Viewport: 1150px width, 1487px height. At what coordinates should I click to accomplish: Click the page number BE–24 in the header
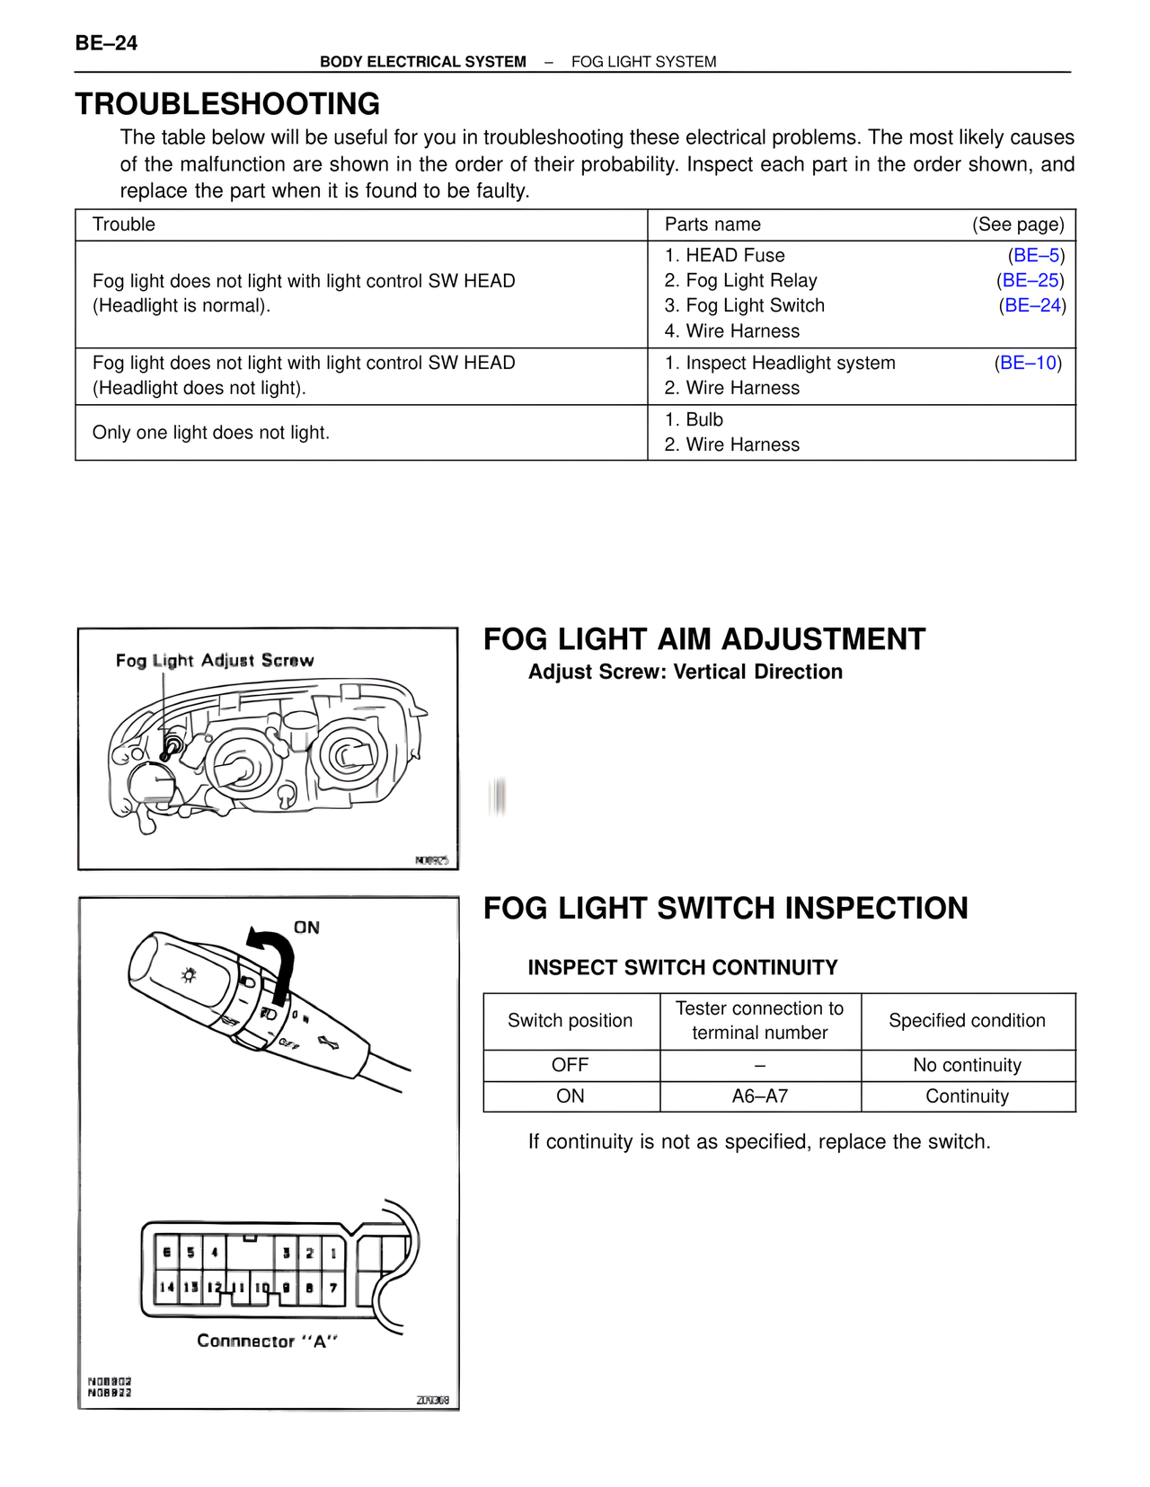click(x=106, y=43)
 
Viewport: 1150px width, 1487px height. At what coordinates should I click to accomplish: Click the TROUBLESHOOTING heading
click(x=227, y=104)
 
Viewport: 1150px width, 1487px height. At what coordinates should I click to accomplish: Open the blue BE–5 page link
click(x=1037, y=256)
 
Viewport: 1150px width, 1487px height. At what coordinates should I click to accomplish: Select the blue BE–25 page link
click(x=1031, y=281)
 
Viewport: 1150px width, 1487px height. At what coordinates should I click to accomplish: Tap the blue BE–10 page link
click(x=1028, y=364)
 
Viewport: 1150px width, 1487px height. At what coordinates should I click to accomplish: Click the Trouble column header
click(x=124, y=224)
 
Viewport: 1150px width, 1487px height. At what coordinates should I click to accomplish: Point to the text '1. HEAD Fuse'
click(x=724, y=256)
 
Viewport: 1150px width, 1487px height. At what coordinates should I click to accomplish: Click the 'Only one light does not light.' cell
click(x=211, y=433)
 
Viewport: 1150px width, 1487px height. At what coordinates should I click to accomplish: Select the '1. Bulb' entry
click(x=694, y=420)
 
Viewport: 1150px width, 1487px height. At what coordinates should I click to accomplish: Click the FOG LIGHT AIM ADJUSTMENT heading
click(x=703, y=639)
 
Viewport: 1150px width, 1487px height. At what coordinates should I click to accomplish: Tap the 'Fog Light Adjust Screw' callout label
click(x=215, y=661)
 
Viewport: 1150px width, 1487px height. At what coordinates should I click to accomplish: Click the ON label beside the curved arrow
click(x=306, y=928)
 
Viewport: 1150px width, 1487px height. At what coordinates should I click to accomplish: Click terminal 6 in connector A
click(x=167, y=1253)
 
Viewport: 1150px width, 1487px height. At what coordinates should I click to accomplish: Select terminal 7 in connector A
click(x=332, y=1288)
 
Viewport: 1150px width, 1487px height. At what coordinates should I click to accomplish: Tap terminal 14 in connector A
click(x=167, y=1288)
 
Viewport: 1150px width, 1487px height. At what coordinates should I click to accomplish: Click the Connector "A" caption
click(x=267, y=1342)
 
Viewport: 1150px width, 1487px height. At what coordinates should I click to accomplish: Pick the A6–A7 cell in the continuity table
click(x=759, y=1096)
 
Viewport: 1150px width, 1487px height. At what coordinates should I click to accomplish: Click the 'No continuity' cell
click(x=967, y=1065)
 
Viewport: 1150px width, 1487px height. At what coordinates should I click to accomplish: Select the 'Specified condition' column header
click(x=967, y=1021)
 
